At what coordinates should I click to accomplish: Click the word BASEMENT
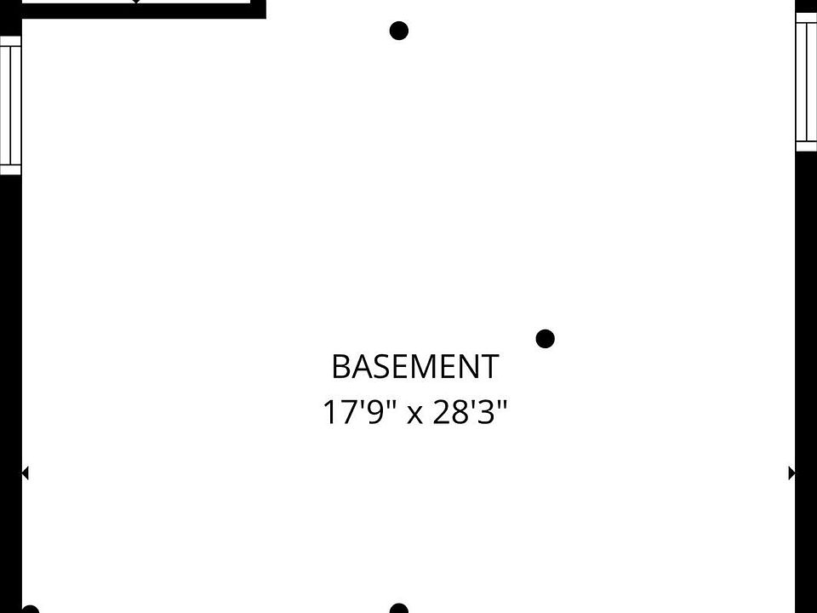pos(414,367)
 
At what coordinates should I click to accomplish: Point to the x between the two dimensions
pos(414,415)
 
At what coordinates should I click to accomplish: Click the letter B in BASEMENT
pos(340,367)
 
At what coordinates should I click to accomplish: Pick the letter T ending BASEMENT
pos(488,367)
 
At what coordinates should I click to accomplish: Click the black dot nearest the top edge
pos(398,32)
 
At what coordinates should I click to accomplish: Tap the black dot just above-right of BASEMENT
pos(546,339)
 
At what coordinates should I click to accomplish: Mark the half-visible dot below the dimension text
pos(398,608)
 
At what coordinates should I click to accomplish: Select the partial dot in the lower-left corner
pos(31,609)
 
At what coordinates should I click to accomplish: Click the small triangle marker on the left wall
pos(25,473)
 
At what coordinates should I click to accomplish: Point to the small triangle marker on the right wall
pos(792,473)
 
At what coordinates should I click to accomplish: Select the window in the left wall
pos(10,105)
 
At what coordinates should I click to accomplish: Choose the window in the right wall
pos(807,83)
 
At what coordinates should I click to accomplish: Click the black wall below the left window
pos(10,341)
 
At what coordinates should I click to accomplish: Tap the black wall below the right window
pos(806,341)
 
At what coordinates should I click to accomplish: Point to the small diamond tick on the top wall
pos(136,3)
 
